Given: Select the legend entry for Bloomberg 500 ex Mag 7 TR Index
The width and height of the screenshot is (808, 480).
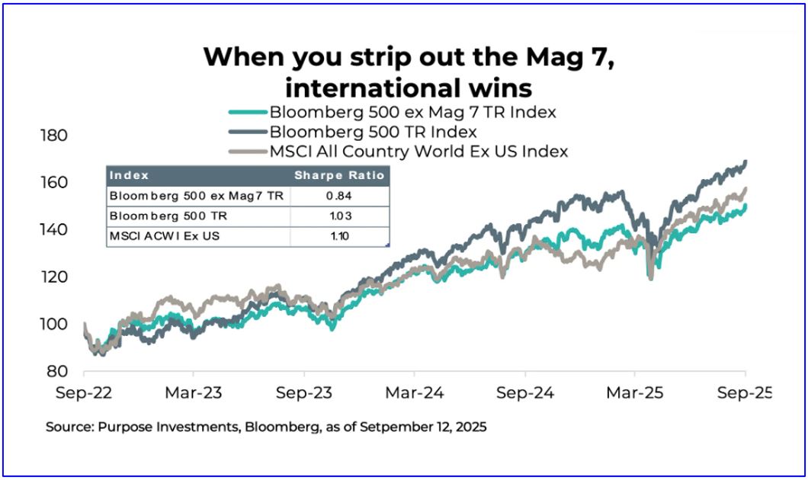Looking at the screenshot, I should point(412,112).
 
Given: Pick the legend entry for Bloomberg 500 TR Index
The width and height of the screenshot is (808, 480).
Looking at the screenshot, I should point(373,132).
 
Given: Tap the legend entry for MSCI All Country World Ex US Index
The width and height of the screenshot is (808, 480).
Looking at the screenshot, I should point(418,151).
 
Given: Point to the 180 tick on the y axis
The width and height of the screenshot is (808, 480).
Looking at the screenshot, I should point(53,136).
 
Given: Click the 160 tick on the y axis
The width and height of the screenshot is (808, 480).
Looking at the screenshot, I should point(53,183).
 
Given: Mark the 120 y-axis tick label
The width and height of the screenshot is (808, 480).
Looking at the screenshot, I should point(53,277).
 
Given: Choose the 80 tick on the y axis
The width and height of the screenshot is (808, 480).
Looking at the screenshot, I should point(58,372).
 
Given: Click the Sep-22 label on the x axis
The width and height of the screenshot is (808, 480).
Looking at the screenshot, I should point(84,394).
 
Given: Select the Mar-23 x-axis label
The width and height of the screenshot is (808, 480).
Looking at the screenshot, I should point(194,394).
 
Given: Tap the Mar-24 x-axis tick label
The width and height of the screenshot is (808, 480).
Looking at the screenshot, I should point(414,394).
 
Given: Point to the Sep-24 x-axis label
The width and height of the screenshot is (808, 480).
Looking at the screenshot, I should point(524,394).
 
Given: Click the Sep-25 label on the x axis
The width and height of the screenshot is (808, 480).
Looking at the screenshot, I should point(744,394).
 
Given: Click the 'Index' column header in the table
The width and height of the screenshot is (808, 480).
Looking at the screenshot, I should point(129,175).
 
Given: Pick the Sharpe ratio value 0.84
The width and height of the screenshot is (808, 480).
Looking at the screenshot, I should point(340,196).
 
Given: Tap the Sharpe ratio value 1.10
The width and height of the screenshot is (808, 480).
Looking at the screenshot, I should point(340,236).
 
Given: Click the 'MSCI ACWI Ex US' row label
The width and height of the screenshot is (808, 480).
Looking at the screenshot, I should point(154,236).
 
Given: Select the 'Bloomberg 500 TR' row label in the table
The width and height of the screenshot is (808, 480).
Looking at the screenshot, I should point(159,216).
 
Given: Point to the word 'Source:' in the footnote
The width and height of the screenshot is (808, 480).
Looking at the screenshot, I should point(70,427).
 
